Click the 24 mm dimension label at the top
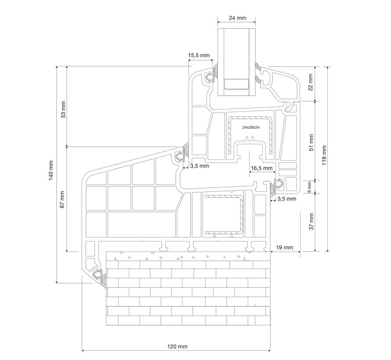tap(237, 18)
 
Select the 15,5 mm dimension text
tap(199, 55)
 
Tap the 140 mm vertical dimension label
tap(51, 170)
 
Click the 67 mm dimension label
tap(62, 200)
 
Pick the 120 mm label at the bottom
tap(177, 346)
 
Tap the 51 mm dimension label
tap(311, 143)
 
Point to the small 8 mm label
tap(309, 187)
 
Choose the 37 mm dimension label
tap(311, 221)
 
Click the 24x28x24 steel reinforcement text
tap(251, 127)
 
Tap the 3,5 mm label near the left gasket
tap(199, 166)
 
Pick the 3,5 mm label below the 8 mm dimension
tap(287, 198)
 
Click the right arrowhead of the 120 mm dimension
tap(269, 350)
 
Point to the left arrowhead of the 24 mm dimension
tap(219, 22)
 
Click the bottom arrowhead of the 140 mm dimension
tap(57, 281)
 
